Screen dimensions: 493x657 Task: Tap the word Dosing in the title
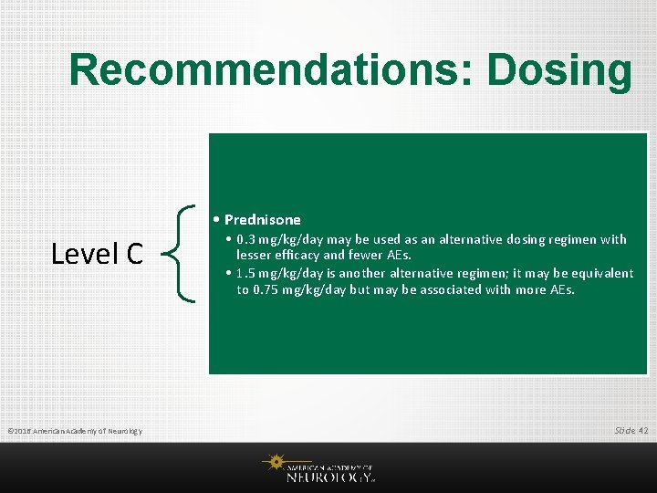tap(558, 70)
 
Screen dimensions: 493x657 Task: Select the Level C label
tap(97, 254)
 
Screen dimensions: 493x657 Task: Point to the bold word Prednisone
tap(262, 219)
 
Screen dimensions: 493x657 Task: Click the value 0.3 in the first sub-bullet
tap(245, 239)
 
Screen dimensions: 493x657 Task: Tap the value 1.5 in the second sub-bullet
tap(245, 273)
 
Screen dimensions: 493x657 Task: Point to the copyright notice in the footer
tap(74, 430)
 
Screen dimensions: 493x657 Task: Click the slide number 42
tap(644, 429)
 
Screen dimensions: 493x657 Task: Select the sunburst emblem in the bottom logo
tap(273, 463)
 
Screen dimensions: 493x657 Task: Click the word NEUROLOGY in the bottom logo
tap(328, 476)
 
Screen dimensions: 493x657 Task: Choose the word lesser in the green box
tap(255, 256)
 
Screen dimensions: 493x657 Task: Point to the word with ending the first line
tap(612, 239)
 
